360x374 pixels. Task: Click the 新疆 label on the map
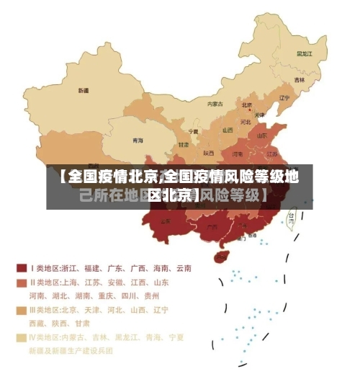click(x=84, y=91)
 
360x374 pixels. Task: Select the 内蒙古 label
click(x=215, y=104)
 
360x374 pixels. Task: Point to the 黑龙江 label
click(x=304, y=53)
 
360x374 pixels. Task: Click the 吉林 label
click(x=299, y=79)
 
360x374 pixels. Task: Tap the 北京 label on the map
click(x=246, y=105)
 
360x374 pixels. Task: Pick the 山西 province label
click(x=228, y=130)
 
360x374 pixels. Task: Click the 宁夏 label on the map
click(x=193, y=132)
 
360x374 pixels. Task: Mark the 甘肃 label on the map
click(x=184, y=145)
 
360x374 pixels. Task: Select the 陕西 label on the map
click(x=208, y=153)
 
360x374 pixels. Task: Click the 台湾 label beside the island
click(x=292, y=215)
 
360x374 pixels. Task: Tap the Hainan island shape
click(x=222, y=255)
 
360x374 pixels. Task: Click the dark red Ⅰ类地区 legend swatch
click(x=22, y=267)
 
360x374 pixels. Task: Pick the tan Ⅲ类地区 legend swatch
click(x=22, y=310)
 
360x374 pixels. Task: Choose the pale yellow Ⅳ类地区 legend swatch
click(x=22, y=337)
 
